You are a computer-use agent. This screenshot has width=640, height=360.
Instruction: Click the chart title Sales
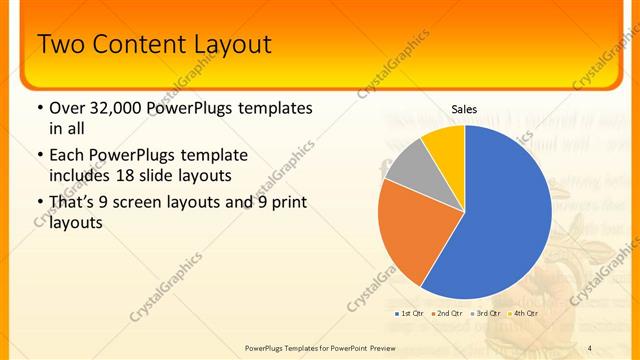point(464,108)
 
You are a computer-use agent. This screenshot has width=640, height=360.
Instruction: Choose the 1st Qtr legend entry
point(409,314)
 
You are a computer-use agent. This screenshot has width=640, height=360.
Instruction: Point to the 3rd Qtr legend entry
point(486,314)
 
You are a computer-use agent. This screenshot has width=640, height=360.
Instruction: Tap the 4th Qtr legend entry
point(524,314)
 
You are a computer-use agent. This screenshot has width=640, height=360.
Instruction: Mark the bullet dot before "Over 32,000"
point(39,108)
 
